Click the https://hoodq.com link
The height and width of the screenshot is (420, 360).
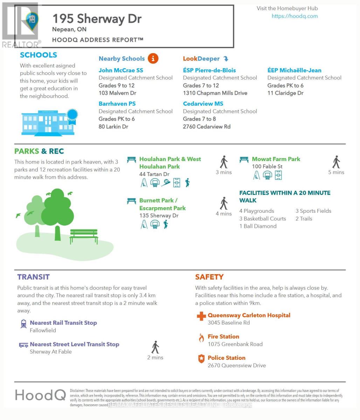[295, 16]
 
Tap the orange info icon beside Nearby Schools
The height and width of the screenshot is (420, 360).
[153, 58]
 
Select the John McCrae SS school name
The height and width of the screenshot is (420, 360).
[121, 70]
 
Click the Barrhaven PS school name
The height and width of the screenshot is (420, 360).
[117, 104]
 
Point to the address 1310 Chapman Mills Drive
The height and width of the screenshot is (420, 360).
[215, 93]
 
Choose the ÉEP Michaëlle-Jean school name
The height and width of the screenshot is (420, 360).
[294, 70]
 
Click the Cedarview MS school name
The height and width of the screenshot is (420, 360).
[203, 104]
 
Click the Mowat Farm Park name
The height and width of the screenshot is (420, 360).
[276, 159]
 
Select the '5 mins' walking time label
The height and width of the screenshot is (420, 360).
[336, 172]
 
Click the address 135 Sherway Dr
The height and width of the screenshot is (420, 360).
[159, 216]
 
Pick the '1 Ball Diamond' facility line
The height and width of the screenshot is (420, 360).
[258, 226]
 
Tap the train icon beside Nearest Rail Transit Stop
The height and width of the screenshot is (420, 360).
[23, 324]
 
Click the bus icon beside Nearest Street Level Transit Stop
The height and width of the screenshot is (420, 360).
[23, 345]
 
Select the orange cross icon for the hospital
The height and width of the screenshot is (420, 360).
[201, 316]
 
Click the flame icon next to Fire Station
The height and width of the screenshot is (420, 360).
[201, 338]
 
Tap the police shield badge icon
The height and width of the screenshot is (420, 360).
[201, 359]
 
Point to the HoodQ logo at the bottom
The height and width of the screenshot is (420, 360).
[40, 395]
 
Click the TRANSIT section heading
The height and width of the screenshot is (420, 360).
[33, 277]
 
